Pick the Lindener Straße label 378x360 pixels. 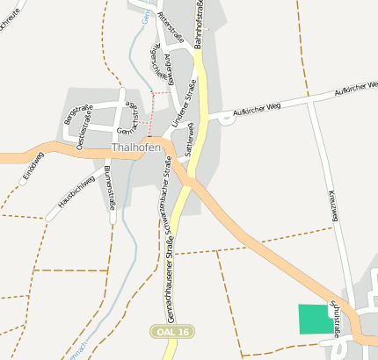pyautogui.click(x=184, y=113)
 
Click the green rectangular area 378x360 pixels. pyautogui.click(x=316, y=319)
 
